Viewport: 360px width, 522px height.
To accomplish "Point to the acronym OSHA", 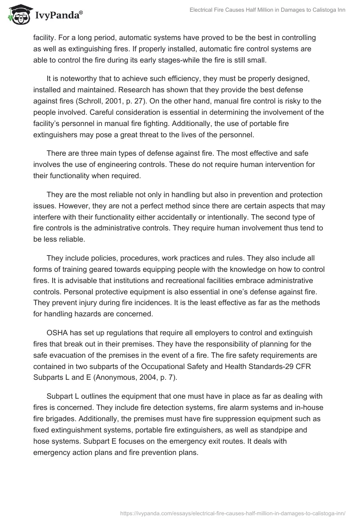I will pos(57,334).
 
